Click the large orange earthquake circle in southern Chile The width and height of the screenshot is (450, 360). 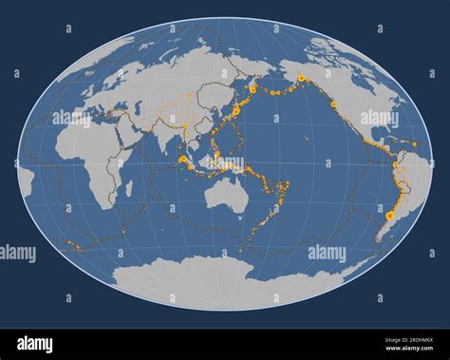pos(389,217)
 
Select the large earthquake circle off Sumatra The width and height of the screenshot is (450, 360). pos(181,160)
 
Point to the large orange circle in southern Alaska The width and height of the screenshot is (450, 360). pos(301,78)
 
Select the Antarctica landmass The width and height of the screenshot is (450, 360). pos(228,280)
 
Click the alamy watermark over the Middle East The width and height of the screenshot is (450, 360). pos(72,120)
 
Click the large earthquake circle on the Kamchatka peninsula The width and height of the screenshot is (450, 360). pos(253,87)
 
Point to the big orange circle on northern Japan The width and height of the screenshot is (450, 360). pos(235,111)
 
